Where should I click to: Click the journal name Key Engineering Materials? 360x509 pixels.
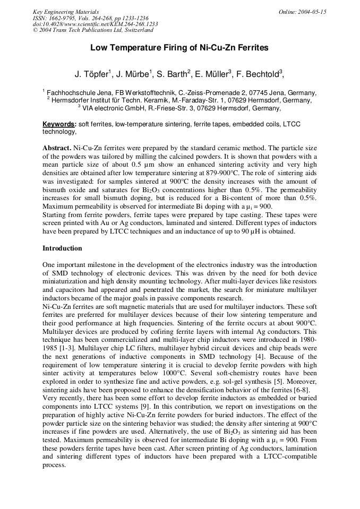click(66, 12)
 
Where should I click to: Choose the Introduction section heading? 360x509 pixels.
click(62, 248)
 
